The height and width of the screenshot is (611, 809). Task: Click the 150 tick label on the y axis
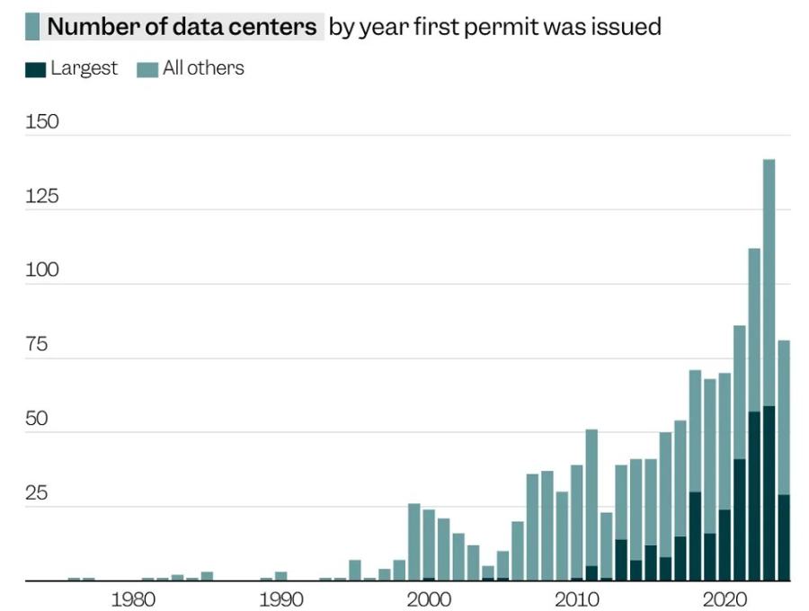pos(42,122)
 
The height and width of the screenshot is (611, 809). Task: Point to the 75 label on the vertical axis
pos(42,345)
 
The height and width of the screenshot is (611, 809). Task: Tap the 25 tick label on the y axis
pos(42,494)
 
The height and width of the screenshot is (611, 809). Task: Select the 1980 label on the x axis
pos(133,599)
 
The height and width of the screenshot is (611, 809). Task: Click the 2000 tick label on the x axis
pos(429,599)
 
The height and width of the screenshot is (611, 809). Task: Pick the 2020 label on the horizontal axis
pos(724,599)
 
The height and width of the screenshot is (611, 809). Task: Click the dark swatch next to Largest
pos(35,69)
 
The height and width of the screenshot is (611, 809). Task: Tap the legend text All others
pos(203,68)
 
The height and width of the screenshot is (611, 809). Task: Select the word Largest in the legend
pos(84,68)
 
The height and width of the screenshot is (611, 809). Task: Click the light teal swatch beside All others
pos(147,69)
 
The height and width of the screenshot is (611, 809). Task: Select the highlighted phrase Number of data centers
pos(182,27)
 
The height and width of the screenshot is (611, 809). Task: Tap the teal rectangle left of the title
pos(32,27)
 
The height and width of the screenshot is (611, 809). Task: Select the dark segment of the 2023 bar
pos(769,493)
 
